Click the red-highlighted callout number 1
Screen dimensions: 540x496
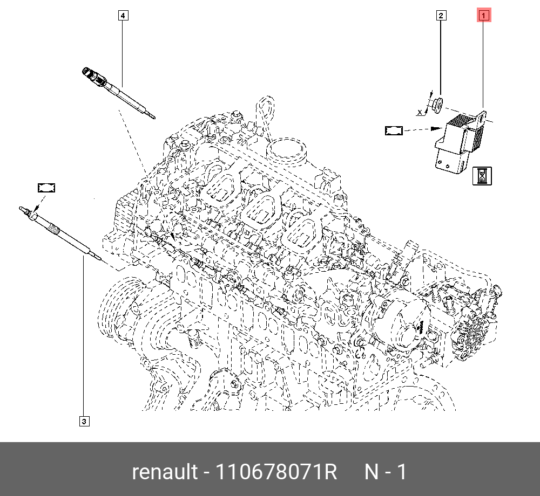pyautogui.click(x=483, y=16)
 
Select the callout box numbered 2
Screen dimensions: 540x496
pyautogui.click(x=441, y=16)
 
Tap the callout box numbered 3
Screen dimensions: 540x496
pyautogui.click(x=84, y=421)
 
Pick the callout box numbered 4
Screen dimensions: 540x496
pyautogui.click(x=123, y=16)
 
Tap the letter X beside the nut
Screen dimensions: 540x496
pyautogui.click(x=420, y=112)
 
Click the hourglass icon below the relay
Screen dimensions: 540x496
pyautogui.click(x=482, y=176)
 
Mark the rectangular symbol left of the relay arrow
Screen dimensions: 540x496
pyautogui.click(x=394, y=130)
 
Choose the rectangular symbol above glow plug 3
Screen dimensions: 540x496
pyautogui.click(x=46, y=188)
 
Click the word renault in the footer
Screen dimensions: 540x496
pyautogui.click(x=165, y=472)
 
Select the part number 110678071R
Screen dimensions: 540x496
pyautogui.click(x=276, y=472)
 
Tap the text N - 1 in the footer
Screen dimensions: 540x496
pyautogui.click(x=386, y=472)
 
